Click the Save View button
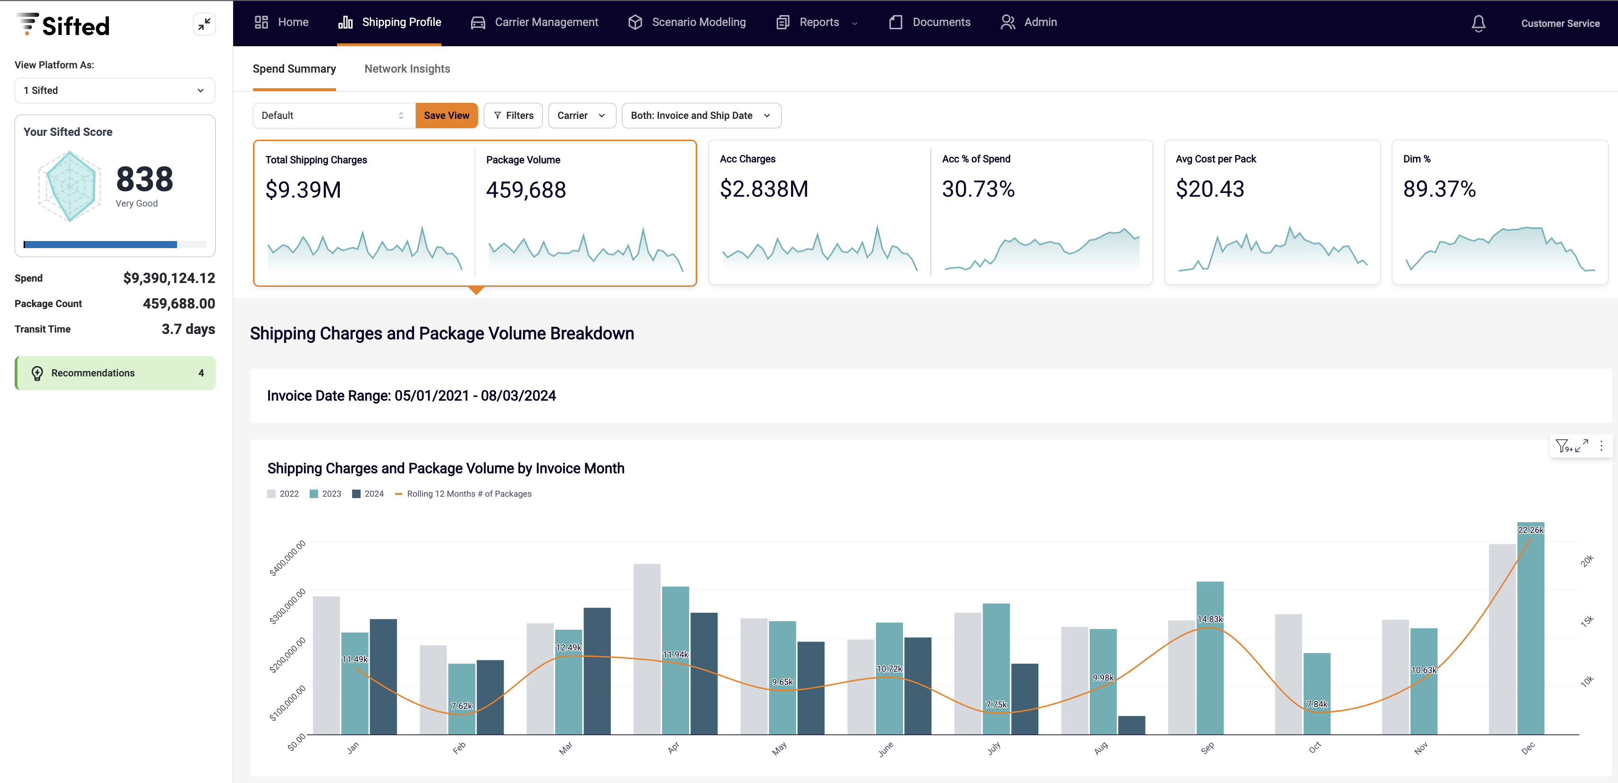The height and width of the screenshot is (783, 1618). click(x=446, y=116)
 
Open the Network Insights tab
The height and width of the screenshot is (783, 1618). click(x=407, y=69)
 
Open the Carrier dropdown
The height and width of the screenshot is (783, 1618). click(x=581, y=116)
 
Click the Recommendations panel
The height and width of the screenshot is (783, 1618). click(x=115, y=373)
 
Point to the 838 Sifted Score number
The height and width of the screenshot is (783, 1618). click(x=144, y=180)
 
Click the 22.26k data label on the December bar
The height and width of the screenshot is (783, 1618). click(x=1530, y=530)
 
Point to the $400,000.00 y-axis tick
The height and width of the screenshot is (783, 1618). click(x=287, y=558)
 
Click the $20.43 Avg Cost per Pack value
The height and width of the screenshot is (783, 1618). click(x=1209, y=189)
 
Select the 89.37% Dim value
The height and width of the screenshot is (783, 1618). click(x=1439, y=189)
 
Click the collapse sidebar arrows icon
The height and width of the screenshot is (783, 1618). click(x=204, y=25)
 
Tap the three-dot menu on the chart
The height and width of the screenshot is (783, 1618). click(x=1601, y=446)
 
